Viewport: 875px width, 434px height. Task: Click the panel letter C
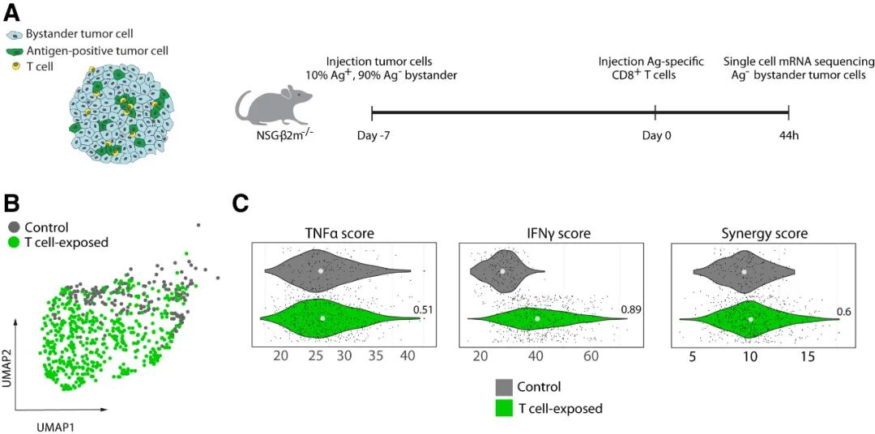241,202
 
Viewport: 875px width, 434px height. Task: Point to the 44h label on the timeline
789,134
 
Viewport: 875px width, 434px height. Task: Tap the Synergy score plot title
764,234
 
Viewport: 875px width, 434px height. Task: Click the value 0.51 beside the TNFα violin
424,309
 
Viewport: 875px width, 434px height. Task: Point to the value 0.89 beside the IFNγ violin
632,309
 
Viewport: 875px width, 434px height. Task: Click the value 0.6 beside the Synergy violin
845,313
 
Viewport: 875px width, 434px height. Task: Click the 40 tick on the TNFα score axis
407,356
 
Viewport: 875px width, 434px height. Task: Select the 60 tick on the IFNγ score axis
591,356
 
